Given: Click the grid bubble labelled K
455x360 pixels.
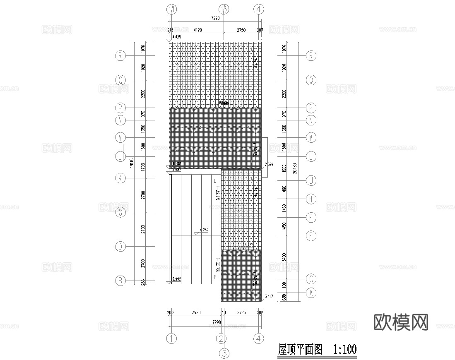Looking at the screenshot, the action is (120, 178).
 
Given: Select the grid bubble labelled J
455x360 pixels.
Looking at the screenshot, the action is (311, 180).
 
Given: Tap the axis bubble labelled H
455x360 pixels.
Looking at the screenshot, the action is (311, 199).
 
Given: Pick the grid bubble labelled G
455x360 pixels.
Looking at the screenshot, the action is (120, 213).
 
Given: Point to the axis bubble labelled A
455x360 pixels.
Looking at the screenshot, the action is (311, 293).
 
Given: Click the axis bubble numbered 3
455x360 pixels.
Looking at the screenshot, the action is (224, 353).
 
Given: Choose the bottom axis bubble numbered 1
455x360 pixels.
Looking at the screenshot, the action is (171, 338).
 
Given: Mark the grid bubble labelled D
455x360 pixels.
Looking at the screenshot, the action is (120, 247).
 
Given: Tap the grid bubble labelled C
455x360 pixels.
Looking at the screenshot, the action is (311, 278).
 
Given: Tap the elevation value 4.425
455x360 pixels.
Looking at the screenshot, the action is (176, 37).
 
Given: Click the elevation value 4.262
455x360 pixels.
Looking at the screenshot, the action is (204, 229).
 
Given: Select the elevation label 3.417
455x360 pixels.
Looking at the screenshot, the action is (269, 297).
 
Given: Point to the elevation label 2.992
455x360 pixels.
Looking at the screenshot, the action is (176, 279).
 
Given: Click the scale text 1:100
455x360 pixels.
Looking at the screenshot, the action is (344, 350).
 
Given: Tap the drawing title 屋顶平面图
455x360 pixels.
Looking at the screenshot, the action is (300, 350).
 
